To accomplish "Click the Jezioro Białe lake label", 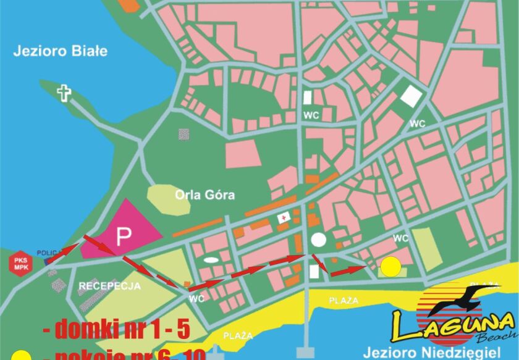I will (61, 51).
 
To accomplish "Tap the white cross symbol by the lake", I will (64, 94).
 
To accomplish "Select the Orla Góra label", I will (205, 195).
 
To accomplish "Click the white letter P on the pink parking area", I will (125, 235).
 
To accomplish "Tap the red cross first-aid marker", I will (284, 217).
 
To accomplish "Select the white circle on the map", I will (318, 240).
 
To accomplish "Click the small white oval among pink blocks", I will (211, 260).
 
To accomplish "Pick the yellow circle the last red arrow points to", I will (390, 267).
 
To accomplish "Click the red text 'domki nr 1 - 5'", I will (116, 329).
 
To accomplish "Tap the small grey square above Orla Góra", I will (184, 133).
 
